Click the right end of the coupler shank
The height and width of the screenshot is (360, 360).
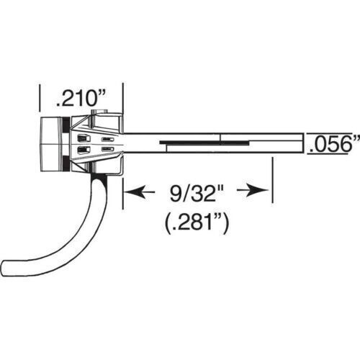tap(300, 144)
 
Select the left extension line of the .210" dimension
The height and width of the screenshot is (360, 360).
tap(40, 101)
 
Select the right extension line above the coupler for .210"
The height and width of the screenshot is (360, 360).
tap(124, 101)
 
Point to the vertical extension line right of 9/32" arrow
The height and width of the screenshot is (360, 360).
tap(272, 180)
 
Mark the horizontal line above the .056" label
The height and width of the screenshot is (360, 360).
tap(331, 134)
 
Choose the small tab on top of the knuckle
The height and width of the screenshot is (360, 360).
tap(107, 112)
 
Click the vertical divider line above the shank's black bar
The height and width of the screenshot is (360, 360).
tap(222, 137)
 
